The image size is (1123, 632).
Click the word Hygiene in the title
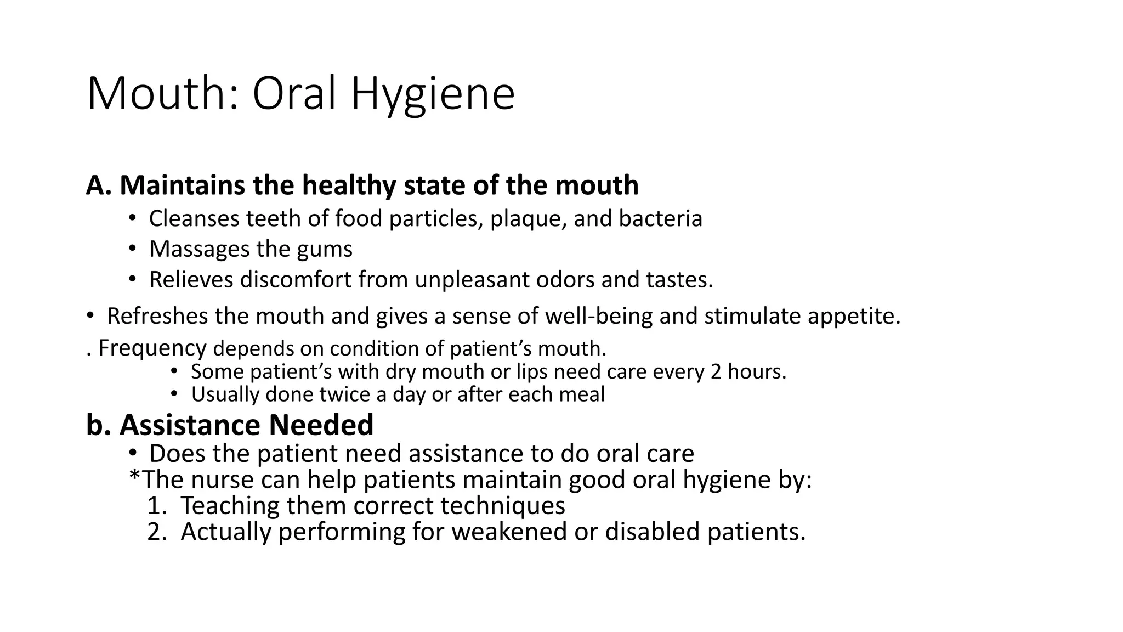coord(433,94)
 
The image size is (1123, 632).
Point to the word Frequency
coord(152,348)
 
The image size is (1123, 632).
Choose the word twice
coord(344,394)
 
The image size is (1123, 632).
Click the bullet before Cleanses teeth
coord(132,218)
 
